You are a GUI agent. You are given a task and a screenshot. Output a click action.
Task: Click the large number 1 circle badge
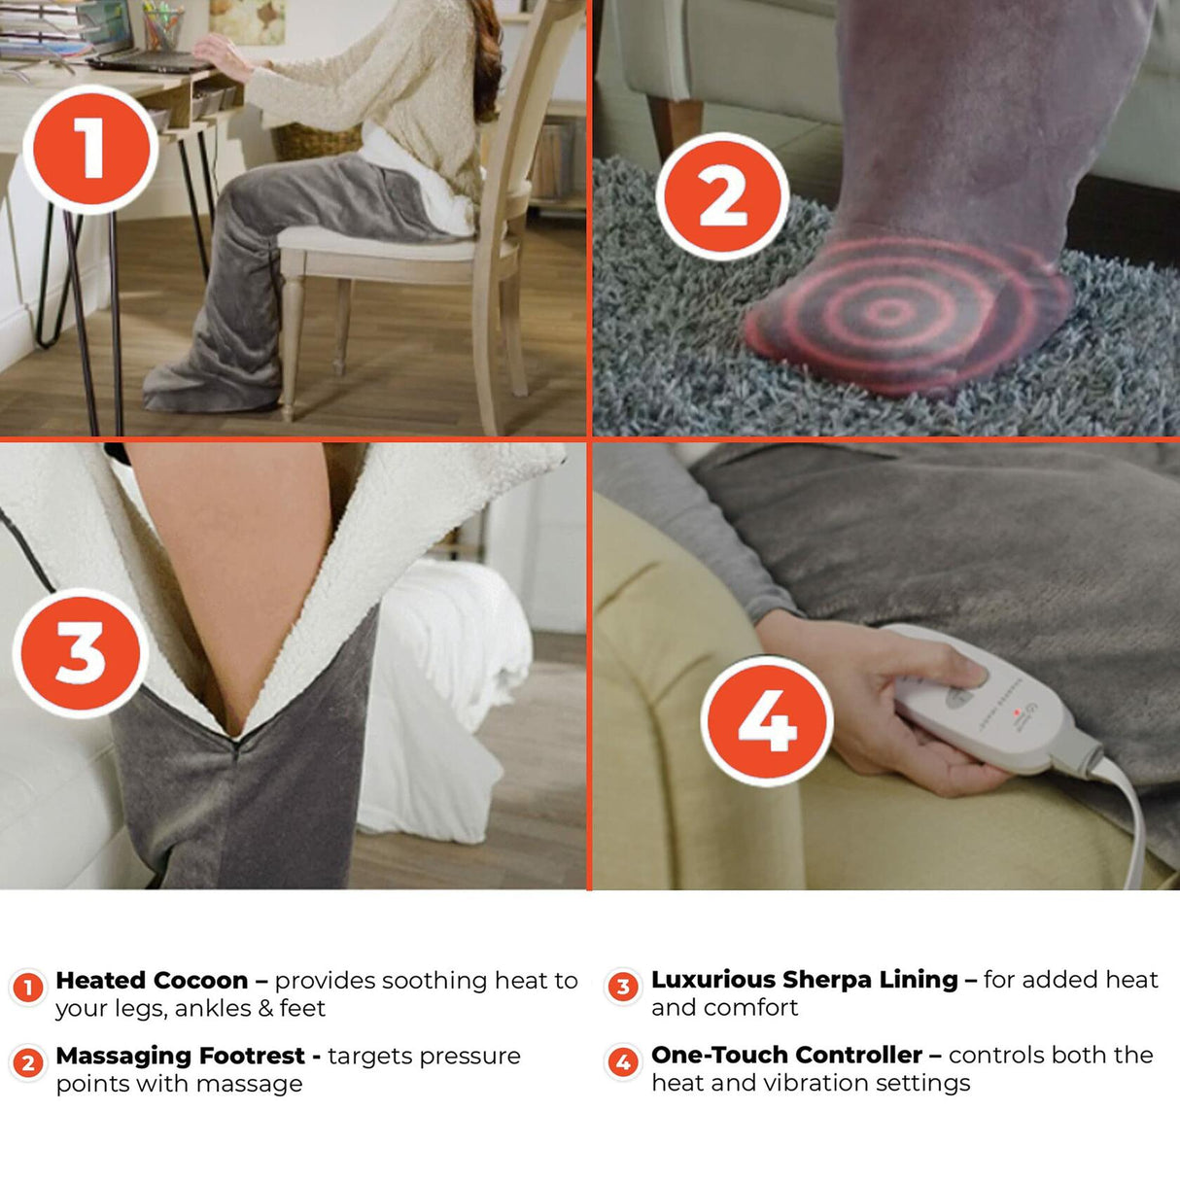[89, 149]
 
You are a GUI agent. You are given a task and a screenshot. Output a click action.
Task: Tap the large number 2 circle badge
[721, 197]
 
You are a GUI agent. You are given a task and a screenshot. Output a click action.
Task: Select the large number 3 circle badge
[80, 652]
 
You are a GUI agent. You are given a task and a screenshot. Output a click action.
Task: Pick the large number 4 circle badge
[767, 720]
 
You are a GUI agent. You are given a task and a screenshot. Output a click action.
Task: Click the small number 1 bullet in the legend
[28, 988]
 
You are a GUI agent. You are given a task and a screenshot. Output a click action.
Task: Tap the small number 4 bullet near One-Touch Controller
[623, 1062]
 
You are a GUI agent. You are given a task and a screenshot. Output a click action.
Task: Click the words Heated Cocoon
[152, 980]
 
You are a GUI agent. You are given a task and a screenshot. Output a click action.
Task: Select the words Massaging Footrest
[180, 1056]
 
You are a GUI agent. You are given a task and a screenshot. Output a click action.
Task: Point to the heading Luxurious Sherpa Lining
[804, 979]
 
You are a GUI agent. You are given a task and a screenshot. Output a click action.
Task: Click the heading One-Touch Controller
[786, 1055]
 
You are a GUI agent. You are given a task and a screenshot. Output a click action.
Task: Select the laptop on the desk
[146, 60]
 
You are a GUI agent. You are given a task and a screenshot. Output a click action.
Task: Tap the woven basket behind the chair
[311, 141]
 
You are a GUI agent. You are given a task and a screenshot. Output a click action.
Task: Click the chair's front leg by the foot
[290, 340]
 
